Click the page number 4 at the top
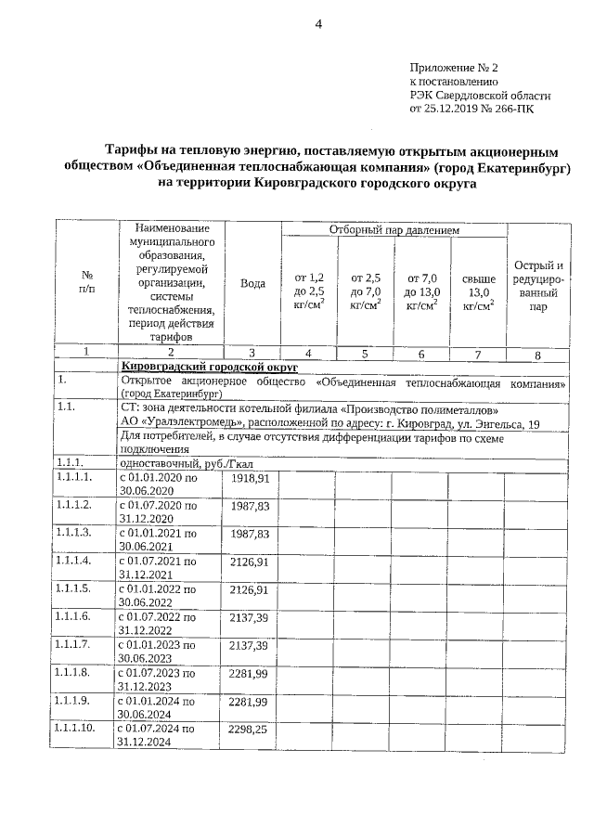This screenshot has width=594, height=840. (x=317, y=25)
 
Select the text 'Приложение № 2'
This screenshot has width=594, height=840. (x=454, y=69)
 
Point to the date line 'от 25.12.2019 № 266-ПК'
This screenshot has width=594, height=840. (x=471, y=108)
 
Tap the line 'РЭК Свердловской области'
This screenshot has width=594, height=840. (x=480, y=95)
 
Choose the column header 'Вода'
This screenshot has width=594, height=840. (x=252, y=284)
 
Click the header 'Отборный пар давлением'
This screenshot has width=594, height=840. (x=394, y=229)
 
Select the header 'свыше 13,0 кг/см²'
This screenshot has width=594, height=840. (x=478, y=291)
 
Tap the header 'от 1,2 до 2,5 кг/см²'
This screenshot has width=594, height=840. (x=309, y=291)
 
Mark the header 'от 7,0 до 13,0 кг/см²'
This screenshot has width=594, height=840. (x=421, y=291)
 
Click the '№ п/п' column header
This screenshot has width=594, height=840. (x=86, y=284)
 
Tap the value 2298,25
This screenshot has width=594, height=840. (x=249, y=730)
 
